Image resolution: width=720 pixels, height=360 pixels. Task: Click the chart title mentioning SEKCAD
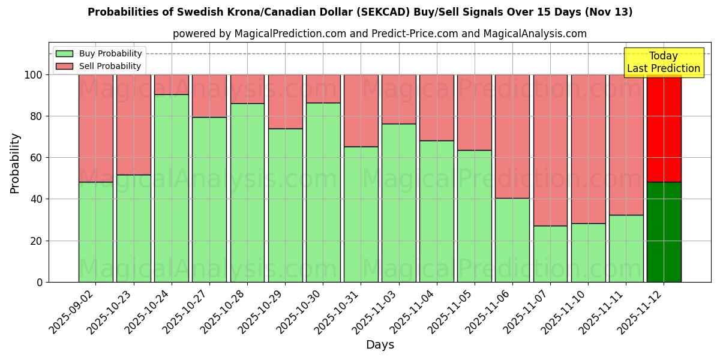[x=360, y=12]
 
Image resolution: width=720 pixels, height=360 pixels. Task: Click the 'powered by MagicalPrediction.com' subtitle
[x=379, y=34]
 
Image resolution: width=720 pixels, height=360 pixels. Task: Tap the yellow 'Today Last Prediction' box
[x=663, y=62]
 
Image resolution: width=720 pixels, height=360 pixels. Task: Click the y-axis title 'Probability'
[x=15, y=163]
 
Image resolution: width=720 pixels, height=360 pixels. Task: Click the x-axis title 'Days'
[x=380, y=345]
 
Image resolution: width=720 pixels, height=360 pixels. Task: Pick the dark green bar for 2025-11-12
[x=664, y=232]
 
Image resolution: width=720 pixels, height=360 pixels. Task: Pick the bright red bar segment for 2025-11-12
[x=664, y=128]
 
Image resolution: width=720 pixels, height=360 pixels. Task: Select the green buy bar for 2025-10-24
[x=172, y=188]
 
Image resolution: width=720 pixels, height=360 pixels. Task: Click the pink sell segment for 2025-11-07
[x=550, y=150]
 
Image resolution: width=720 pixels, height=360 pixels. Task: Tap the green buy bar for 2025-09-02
[x=96, y=232]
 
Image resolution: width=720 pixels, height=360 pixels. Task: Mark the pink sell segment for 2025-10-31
[x=361, y=110]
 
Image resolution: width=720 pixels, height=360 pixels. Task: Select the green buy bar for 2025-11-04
[x=437, y=211]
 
